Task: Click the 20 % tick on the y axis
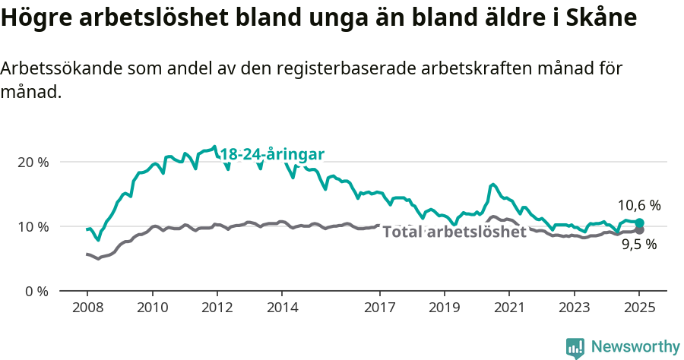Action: pos(32,163)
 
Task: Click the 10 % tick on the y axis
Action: pos(32,226)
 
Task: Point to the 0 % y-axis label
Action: pos(35,291)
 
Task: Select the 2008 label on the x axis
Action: pos(87,309)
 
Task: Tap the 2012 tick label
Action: pos(217,309)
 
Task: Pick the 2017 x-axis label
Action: pos(378,309)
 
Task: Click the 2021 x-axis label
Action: pos(508,309)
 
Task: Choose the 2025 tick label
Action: pos(639,309)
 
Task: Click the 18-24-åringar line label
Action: pos(272,155)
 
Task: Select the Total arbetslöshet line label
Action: pos(454,232)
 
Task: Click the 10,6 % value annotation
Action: pos(638,205)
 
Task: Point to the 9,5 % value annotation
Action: pos(638,245)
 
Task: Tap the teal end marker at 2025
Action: pos(640,223)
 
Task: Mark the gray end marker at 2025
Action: pos(640,230)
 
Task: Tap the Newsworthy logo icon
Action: pos(575,347)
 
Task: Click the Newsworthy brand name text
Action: pos(635,347)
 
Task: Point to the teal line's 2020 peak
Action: pos(493,185)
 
